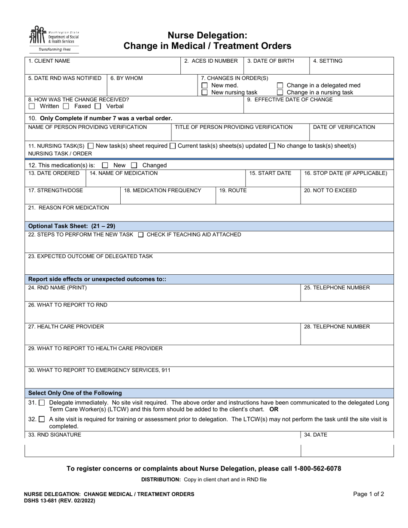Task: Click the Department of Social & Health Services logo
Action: (x=54, y=38)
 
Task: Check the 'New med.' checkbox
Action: (x=205, y=85)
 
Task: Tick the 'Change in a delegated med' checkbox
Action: (x=280, y=85)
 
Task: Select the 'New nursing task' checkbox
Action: (x=205, y=92)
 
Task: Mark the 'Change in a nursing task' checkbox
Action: (x=280, y=92)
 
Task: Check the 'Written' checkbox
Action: (x=32, y=106)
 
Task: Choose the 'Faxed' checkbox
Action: (x=66, y=106)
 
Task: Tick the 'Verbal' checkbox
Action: (x=98, y=106)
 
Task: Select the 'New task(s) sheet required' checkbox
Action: (x=90, y=146)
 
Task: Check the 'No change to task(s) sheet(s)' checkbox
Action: (x=272, y=146)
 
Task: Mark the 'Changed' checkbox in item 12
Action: (x=134, y=165)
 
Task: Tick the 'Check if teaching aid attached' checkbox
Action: (x=141, y=235)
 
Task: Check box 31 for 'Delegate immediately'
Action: (x=42, y=403)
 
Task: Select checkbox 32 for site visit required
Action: (x=42, y=419)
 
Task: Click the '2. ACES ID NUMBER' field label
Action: (x=211, y=61)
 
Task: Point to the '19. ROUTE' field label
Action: (x=233, y=191)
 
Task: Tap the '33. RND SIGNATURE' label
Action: (x=55, y=435)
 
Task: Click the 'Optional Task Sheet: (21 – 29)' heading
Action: (x=72, y=226)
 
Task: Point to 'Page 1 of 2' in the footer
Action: (x=368, y=494)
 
